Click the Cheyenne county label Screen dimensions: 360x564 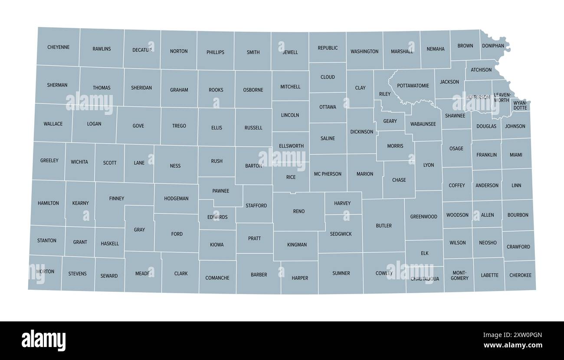pos(58,47)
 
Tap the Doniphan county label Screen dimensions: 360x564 pos(493,46)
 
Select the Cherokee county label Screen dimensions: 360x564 pos(520,275)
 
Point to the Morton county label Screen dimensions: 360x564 pos(46,272)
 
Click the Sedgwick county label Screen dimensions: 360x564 pos(341,234)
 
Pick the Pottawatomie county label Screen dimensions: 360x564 pos(413,86)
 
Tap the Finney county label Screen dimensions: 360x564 pos(117,199)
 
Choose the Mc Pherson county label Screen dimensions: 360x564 pos(328,174)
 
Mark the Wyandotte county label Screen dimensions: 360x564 pos(520,105)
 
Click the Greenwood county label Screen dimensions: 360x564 pos(423,216)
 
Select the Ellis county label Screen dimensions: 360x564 pos(216,128)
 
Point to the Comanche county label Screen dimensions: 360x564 pos(217,278)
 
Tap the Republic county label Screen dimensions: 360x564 pos(328,48)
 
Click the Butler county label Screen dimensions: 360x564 pos(384,226)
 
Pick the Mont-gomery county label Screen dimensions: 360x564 pos(459,275)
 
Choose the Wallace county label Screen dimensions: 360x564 pos(53,124)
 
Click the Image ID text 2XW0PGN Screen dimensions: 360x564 pos(513,334)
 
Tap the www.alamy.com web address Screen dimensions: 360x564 pos(513,346)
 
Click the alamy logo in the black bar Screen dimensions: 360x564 pos(43,340)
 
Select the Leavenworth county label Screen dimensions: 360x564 pos(502,97)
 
